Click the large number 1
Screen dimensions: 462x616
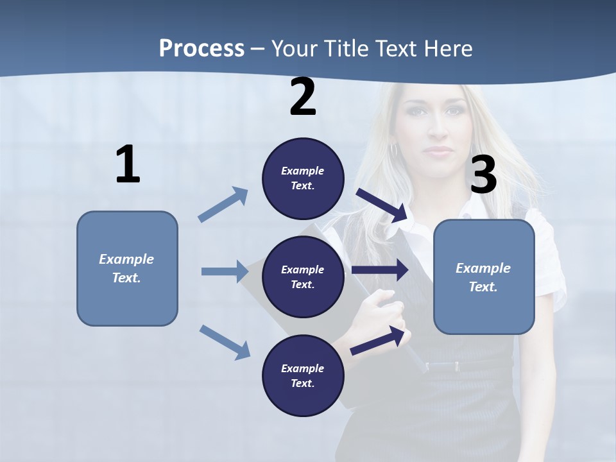point(128,165)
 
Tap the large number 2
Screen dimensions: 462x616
point(303,97)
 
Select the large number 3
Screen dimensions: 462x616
point(484,175)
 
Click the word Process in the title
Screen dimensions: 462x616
point(201,48)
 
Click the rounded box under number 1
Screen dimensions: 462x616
point(127,268)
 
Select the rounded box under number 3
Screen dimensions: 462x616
point(484,277)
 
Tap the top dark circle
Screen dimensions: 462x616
point(303,178)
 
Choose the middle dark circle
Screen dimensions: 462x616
point(303,277)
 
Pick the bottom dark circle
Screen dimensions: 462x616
point(303,375)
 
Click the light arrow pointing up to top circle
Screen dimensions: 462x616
point(223,205)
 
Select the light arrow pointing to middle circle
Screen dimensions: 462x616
point(225,271)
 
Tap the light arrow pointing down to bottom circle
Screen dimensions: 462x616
point(225,341)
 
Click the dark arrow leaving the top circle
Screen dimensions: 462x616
point(382,205)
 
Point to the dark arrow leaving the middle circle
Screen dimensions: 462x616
point(380,269)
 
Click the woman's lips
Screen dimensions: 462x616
point(439,151)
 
